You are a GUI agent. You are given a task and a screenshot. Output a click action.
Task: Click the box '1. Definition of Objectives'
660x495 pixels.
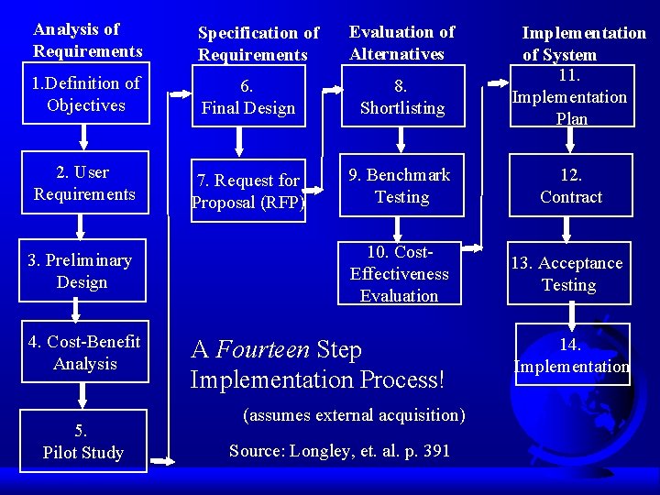[x=84, y=94]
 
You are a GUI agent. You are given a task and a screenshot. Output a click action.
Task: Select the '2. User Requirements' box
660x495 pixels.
[x=84, y=183]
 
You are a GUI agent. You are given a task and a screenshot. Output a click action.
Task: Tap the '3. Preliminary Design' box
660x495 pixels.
[x=82, y=271]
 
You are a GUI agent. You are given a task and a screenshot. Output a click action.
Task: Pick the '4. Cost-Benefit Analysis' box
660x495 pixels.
[x=84, y=353]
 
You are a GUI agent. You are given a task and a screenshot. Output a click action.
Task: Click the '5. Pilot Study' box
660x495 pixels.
[x=82, y=441]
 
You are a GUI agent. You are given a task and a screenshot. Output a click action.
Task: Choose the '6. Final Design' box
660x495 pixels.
[x=248, y=97]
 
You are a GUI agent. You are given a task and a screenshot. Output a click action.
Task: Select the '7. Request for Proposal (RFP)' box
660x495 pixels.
[x=248, y=192]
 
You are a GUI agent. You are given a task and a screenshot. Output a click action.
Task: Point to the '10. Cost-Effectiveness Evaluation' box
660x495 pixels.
[x=400, y=274]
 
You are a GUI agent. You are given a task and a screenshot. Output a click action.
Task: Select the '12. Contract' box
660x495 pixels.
[x=570, y=186]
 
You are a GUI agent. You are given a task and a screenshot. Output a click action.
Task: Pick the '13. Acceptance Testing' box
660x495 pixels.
[x=568, y=274]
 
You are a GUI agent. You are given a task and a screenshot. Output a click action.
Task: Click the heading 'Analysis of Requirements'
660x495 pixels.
[x=88, y=40]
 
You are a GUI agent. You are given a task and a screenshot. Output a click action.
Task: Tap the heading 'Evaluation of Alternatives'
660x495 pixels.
[x=401, y=43]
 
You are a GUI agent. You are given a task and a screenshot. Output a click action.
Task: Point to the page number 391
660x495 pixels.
[x=435, y=451]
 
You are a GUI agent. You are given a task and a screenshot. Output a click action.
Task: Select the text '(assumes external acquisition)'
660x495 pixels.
[x=354, y=415]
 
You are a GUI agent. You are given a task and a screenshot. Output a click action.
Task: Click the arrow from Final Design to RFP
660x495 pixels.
[x=241, y=140]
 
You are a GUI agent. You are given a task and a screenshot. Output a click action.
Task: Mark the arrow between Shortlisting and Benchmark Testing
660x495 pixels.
[x=401, y=140]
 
